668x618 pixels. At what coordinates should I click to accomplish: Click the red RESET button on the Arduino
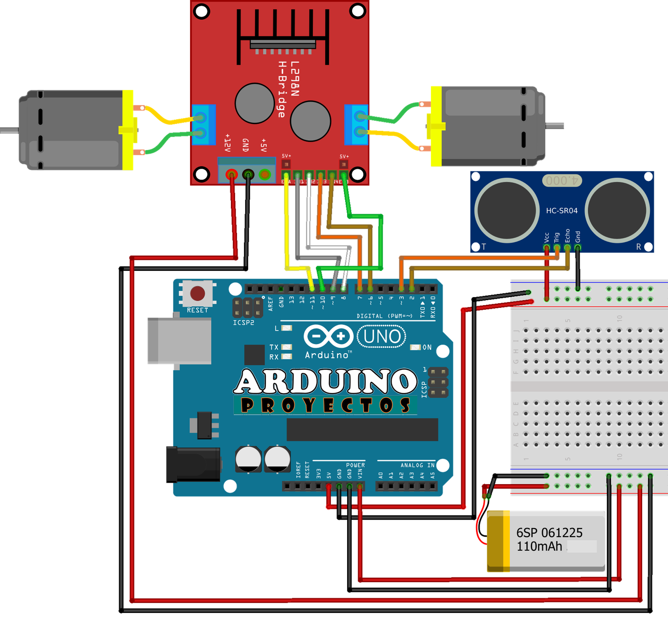point(198,294)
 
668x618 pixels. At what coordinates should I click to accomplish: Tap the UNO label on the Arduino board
point(382,337)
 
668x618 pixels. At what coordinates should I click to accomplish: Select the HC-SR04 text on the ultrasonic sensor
point(561,211)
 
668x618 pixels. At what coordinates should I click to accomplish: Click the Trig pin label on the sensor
point(557,237)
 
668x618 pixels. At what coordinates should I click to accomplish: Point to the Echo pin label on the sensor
point(567,235)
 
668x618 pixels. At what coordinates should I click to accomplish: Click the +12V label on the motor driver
point(227,143)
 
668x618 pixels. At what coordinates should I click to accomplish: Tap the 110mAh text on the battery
point(539,546)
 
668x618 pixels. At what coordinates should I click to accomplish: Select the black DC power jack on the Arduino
point(192,463)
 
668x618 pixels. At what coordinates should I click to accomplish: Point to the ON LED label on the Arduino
point(427,348)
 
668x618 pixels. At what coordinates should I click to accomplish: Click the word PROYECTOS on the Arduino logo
point(325,405)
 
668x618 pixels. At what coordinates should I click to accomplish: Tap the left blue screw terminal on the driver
point(204,125)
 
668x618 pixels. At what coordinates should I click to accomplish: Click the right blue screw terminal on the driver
point(357,124)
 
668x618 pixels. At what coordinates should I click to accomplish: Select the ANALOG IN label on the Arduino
point(417,465)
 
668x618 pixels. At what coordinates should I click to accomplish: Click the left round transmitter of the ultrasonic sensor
point(506,209)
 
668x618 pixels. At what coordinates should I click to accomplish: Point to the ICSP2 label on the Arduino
point(244,322)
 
